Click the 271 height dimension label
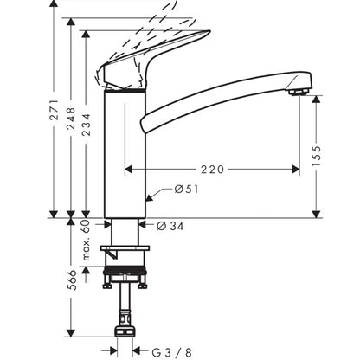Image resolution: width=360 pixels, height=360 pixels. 55,110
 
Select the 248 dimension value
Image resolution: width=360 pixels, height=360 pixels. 71,119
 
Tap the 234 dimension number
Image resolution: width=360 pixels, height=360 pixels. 86,125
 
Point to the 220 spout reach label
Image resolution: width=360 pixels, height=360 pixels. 212,170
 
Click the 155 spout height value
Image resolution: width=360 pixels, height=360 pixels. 317,156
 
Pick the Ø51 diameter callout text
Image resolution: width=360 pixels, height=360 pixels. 186,190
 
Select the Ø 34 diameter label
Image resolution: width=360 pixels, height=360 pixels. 170,226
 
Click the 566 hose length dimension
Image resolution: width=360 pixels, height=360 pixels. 72,280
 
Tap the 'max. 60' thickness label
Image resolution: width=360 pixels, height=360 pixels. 86,240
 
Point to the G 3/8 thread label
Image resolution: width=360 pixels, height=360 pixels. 171,352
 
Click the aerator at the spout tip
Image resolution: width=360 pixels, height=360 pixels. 299,93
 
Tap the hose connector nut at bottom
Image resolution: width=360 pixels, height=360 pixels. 125,331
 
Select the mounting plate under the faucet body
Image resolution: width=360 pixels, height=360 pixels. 125,247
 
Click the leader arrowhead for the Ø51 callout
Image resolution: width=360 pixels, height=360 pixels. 149,198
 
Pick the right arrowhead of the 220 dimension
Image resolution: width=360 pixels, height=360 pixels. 295,170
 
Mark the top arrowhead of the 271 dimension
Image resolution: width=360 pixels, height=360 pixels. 54,4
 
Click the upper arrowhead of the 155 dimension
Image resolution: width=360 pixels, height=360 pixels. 317,100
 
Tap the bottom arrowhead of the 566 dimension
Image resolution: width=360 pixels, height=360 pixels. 71,333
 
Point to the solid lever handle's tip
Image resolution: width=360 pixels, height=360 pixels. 209,32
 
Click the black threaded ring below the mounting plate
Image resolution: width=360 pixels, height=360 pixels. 125,270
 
